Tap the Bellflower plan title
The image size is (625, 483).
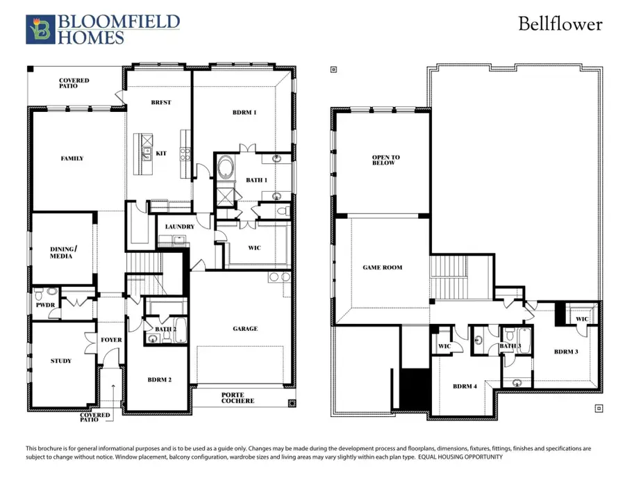click(x=560, y=24)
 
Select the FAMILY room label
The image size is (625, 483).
click(x=72, y=158)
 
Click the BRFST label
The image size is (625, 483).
click(x=160, y=102)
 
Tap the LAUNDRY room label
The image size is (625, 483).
click(x=179, y=227)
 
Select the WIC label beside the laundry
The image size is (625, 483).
click(x=254, y=247)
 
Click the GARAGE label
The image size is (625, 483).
click(x=244, y=329)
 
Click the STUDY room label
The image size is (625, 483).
click(x=61, y=361)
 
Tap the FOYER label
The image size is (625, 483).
click(x=111, y=340)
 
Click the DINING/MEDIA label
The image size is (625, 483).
click(x=62, y=252)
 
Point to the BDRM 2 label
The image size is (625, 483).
click(x=159, y=380)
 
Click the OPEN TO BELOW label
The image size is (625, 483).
click(x=385, y=160)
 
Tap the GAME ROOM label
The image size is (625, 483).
click(x=383, y=267)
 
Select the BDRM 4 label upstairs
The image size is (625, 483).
click(x=465, y=386)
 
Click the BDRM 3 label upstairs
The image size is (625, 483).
click(x=566, y=352)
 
